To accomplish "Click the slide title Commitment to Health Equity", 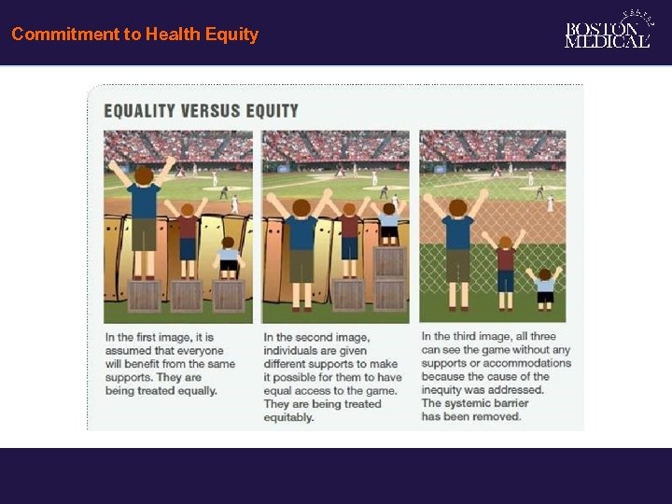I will click(x=134, y=35).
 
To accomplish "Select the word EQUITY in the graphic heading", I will click(x=271, y=111).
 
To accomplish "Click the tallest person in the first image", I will click(x=144, y=219).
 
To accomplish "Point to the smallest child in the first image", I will click(x=228, y=259).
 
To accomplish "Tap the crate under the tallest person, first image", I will click(x=144, y=296).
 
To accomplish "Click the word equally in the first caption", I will click(x=198, y=391).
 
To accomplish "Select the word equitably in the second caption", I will click(x=288, y=418).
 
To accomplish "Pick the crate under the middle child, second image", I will click(x=349, y=294).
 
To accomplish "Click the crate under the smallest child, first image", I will click(x=229, y=296).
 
